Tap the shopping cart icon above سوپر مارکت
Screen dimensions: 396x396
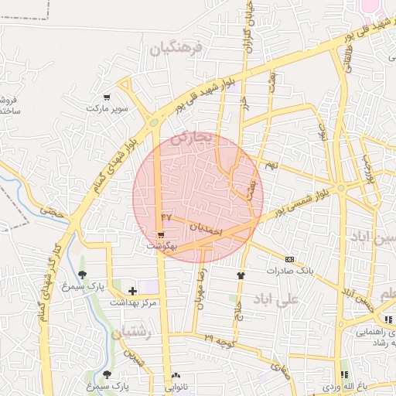click(x=107, y=98)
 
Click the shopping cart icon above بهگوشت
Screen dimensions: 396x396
click(x=161, y=235)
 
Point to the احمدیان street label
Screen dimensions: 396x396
click(x=206, y=230)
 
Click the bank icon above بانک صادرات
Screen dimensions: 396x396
click(x=289, y=259)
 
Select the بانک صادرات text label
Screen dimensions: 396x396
click(x=288, y=271)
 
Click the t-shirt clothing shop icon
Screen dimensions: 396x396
click(x=240, y=274)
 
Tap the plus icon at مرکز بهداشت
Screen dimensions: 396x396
click(x=132, y=292)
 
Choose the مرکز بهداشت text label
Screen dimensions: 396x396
click(x=132, y=302)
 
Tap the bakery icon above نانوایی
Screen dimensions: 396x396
click(x=176, y=375)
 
